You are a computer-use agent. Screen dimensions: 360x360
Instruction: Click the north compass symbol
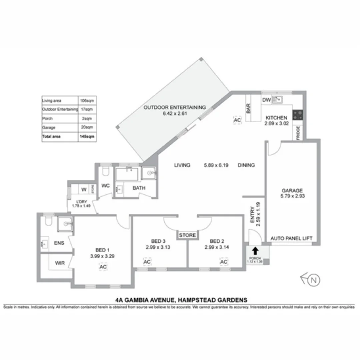(x=311, y=280)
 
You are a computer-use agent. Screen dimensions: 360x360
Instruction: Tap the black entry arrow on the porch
(x=255, y=251)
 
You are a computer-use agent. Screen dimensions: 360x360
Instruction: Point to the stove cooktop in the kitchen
(x=298, y=115)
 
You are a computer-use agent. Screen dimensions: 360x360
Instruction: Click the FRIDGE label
(x=298, y=133)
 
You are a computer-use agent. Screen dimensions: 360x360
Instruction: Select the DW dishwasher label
(x=266, y=100)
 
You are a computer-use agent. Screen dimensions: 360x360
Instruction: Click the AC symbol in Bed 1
(x=103, y=267)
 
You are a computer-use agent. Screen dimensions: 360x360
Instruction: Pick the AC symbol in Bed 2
(x=223, y=262)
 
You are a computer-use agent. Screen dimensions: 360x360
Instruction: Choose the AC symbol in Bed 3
(x=147, y=262)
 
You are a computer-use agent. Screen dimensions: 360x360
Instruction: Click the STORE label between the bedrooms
(x=187, y=235)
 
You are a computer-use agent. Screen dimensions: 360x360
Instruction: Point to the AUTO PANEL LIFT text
(x=291, y=238)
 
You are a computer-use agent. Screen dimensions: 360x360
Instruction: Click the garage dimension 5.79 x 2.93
(x=293, y=196)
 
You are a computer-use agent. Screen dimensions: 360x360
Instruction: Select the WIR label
(x=60, y=263)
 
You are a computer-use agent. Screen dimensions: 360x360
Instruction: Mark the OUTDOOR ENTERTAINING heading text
(x=174, y=107)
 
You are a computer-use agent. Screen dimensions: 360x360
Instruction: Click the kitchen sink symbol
(x=277, y=99)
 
